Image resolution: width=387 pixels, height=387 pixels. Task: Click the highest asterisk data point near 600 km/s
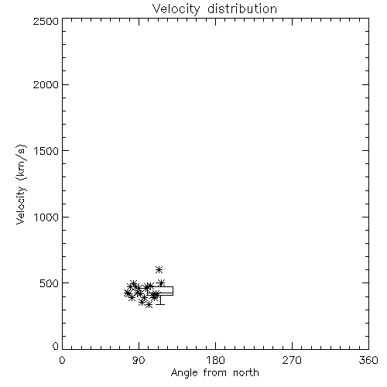click(x=159, y=269)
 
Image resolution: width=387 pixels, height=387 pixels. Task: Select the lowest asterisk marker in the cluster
click(x=149, y=305)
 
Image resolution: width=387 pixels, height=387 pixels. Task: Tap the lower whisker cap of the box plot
click(x=160, y=304)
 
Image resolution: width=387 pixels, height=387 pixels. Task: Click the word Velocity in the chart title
click(x=176, y=9)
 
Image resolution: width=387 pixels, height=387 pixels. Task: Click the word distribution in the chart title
click(x=242, y=9)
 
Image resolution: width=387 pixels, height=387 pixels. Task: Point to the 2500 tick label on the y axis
click(x=46, y=21)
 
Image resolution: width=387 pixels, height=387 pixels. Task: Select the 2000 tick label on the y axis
click(x=46, y=84)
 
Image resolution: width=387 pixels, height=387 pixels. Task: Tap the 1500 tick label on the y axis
click(x=46, y=151)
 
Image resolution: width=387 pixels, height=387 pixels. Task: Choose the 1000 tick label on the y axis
click(x=46, y=217)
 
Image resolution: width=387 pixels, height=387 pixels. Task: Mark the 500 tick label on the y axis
click(x=50, y=283)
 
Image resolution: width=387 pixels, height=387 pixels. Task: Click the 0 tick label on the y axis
click(x=56, y=346)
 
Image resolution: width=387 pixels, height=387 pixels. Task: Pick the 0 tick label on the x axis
click(x=62, y=360)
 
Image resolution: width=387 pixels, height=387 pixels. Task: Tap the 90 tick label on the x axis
click(x=139, y=360)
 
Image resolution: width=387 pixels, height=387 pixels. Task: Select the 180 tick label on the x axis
click(x=214, y=360)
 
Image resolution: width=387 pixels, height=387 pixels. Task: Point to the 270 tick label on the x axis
click(x=292, y=360)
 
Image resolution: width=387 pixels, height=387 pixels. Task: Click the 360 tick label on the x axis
click(x=368, y=360)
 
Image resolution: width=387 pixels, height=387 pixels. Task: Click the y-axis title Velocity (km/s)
click(x=21, y=184)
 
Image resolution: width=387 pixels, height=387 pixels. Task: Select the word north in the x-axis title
click(x=246, y=373)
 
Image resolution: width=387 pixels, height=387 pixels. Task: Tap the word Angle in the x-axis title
click(x=184, y=374)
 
